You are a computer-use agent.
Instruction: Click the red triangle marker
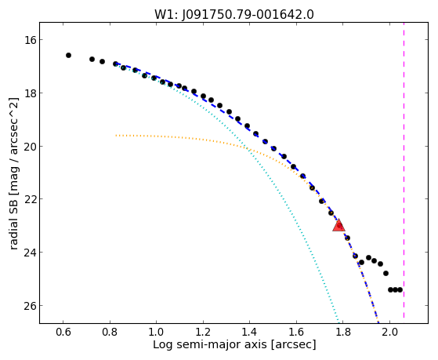338,225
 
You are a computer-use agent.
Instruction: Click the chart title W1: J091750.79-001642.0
234,15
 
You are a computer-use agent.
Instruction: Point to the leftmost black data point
68,56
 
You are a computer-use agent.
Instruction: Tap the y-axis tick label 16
30,40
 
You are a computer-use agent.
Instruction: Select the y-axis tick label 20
30,147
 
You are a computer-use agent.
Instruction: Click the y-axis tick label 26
30,306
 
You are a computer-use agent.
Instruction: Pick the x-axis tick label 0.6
63,332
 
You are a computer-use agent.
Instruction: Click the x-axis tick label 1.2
203,332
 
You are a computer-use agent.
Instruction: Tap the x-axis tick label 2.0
390,332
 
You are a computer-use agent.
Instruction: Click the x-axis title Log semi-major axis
209,344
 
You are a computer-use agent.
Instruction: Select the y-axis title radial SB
14,228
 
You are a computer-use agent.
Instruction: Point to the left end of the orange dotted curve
116,136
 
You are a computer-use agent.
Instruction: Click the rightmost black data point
400,289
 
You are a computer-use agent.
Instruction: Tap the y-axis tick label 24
30,253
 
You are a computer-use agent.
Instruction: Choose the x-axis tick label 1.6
296,332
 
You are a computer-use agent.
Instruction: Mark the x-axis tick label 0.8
110,332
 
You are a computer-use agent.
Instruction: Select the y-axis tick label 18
30,93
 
